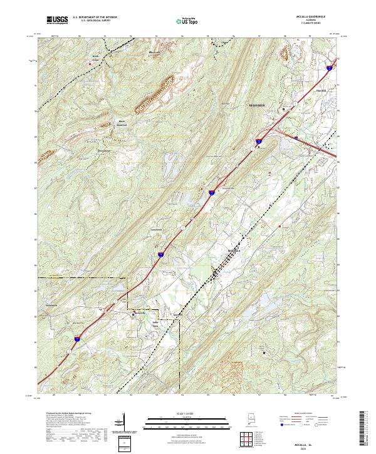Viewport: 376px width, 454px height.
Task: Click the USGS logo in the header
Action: pos(57,20)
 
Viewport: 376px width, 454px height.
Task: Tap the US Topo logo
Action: pos(188,21)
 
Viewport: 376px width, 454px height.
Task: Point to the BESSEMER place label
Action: pos(258,105)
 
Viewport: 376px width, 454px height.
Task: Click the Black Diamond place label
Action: pos(122,123)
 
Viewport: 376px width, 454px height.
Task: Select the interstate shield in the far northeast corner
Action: pos(330,66)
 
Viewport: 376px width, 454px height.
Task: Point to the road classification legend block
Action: pos(308,421)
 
